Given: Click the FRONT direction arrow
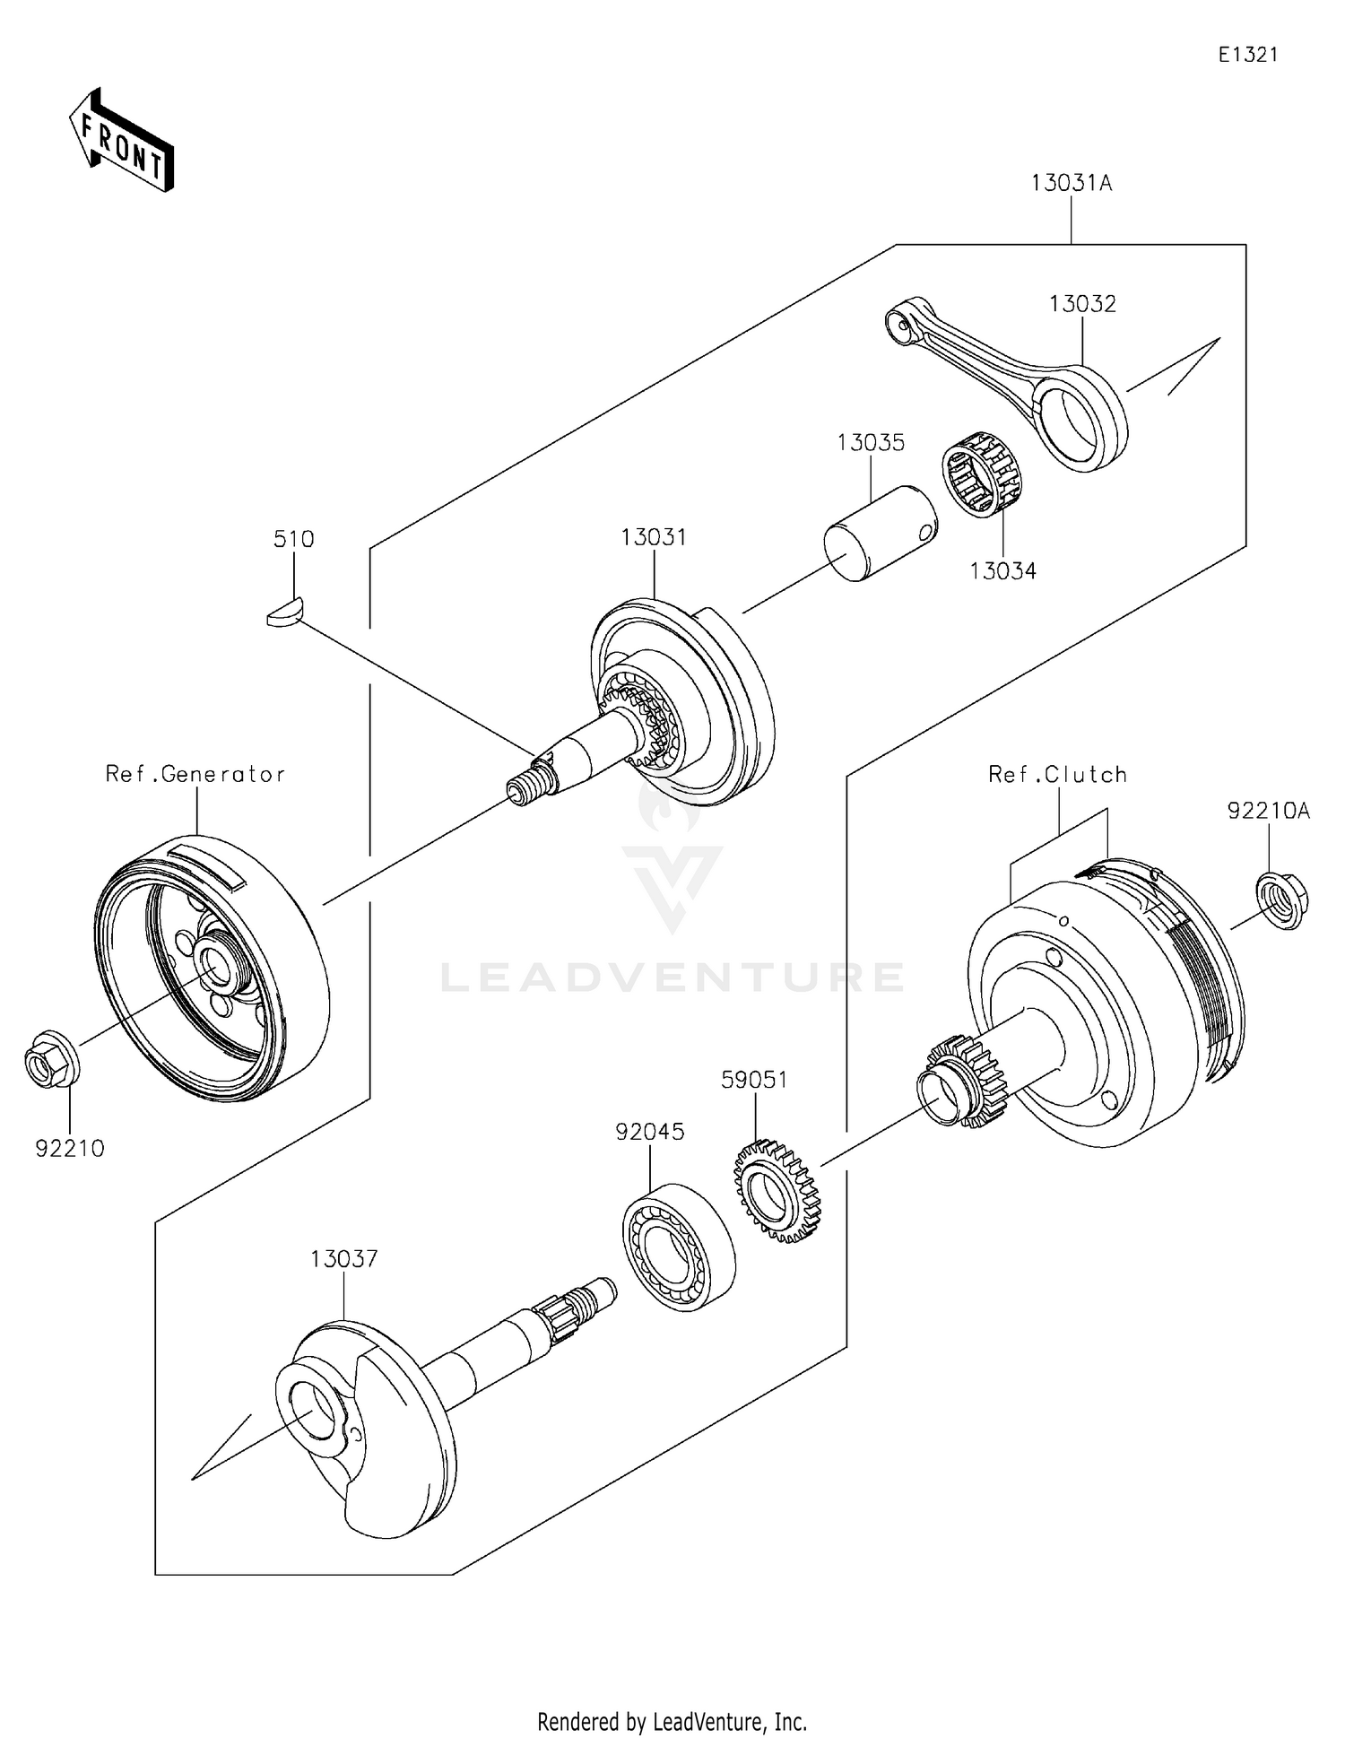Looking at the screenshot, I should (121, 140).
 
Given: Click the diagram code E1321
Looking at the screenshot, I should (1247, 55).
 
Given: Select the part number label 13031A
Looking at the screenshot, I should (1071, 184).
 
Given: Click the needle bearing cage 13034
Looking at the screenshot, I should (984, 474).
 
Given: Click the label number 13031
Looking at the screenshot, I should (654, 537).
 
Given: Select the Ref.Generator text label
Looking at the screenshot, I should (195, 774).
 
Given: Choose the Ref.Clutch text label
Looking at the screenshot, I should (1057, 774).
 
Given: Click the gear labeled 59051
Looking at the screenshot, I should (777, 1190).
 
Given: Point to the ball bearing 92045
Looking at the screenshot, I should (679, 1247).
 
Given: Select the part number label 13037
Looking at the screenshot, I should (344, 1259).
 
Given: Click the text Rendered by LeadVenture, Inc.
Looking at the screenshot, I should (672, 1721).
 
